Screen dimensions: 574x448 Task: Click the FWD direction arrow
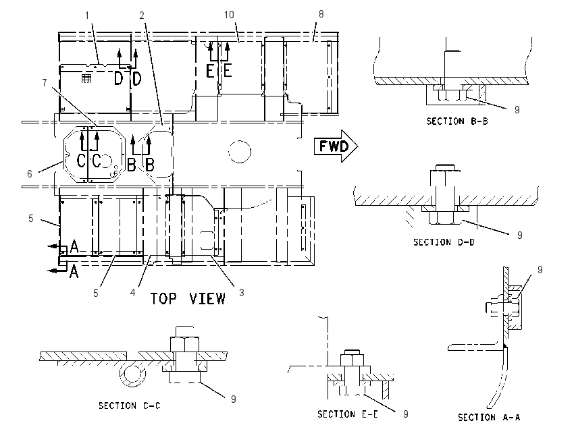click(336, 146)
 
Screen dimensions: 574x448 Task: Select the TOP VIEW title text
click(188, 299)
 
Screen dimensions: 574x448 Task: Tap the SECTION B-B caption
click(457, 121)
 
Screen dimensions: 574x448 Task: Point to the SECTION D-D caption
click(444, 242)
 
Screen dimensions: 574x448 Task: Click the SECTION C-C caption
click(129, 405)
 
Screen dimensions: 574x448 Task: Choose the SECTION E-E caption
click(347, 414)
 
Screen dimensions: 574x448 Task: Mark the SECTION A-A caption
click(489, 417)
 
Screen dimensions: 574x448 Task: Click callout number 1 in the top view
click(87, 16)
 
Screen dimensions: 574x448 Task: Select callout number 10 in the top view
click(229, 15)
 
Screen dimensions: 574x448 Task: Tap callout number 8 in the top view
click(321, 14)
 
